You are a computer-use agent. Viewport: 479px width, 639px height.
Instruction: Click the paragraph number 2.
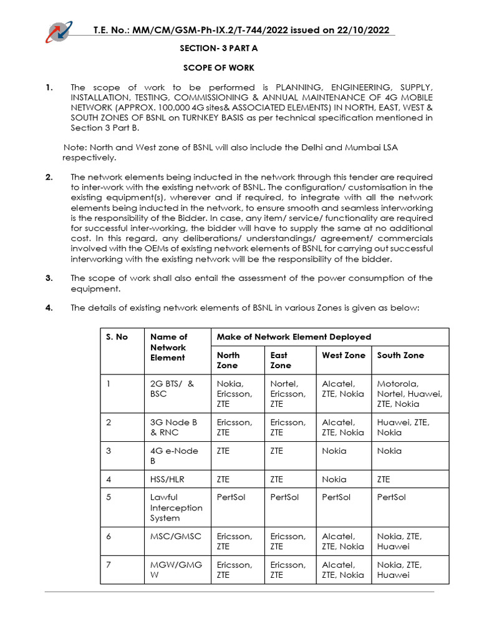[49, 178]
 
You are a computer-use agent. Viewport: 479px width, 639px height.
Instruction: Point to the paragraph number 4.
[49, 308]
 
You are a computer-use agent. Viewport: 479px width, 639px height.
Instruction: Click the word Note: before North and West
[76, 147]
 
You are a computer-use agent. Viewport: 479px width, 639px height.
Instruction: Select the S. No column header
[117, 337]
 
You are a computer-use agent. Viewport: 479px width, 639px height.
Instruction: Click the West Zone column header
[343, 355]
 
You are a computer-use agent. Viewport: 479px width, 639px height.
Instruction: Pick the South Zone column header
[400, 355]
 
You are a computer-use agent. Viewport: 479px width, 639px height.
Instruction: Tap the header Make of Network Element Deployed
[293, 337]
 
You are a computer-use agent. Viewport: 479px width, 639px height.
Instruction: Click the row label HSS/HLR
[168, 479]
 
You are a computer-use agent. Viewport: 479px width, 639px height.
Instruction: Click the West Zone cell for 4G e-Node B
[334, 451]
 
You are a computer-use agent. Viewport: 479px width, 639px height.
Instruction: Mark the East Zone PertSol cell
[284, 497]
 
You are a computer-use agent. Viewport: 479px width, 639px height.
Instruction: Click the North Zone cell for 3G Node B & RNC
[235, 427]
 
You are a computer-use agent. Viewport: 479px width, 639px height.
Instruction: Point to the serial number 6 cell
[109, 536]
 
